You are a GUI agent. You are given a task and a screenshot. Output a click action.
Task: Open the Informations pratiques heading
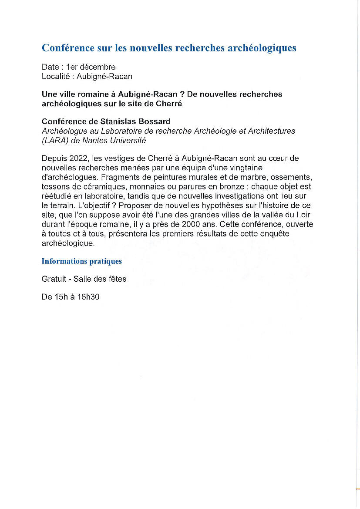tap(82, 261)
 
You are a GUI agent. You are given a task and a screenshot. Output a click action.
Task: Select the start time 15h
tap(59, 297)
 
